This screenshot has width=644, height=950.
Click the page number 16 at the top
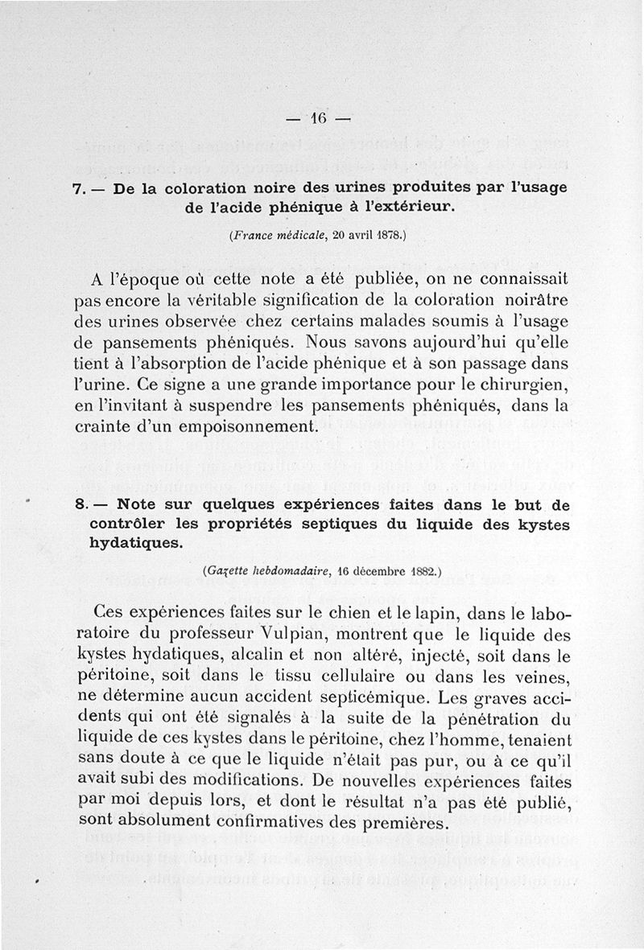click(x=319, y=117)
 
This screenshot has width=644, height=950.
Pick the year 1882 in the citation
click(x=417, y=572)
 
